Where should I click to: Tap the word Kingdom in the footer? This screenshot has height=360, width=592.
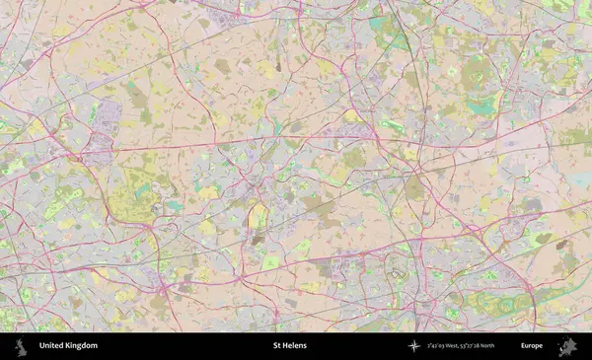coord(82,346)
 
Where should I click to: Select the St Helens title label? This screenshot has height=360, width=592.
coord(289,346)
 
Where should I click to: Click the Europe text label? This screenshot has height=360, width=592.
coord(532,346)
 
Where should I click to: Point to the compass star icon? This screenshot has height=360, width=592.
coord(414,346)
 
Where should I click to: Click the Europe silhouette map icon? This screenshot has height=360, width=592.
coord(567,346)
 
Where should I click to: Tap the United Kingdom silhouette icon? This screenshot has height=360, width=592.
coord(19,346)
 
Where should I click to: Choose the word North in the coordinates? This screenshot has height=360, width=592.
coord(500,346)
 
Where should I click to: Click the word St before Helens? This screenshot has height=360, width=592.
coord(277,346)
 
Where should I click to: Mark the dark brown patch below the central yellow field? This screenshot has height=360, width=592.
coord(258,239)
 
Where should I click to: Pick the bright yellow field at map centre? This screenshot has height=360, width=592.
coord(258,214)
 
